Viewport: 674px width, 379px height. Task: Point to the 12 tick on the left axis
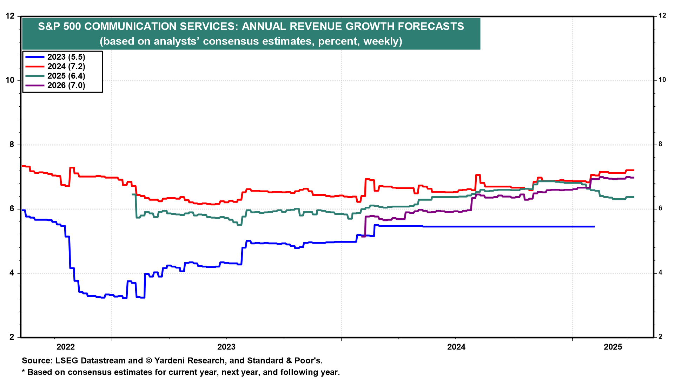tap(10, 16)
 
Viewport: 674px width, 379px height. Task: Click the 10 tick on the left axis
tap(10, 80)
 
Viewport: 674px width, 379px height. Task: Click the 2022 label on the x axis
tap(66, 347)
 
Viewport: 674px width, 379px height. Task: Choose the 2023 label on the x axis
tap(226, 347)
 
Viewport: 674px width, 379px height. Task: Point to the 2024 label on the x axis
tap(456, 347)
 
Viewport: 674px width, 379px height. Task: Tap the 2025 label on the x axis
tap(613, 347)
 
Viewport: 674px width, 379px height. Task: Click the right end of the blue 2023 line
tap(594, 227)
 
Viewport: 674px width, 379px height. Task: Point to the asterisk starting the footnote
tap(24, 372)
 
